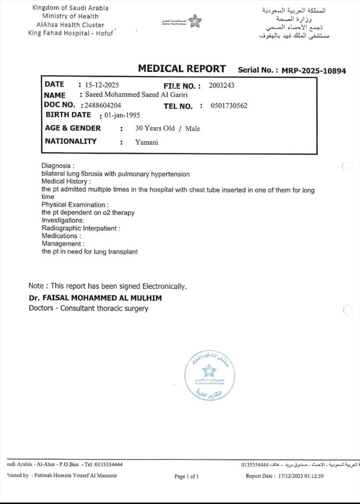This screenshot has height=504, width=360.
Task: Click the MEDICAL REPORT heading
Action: tap(181, 69)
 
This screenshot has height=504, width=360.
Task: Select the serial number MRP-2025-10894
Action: tap(313, 71)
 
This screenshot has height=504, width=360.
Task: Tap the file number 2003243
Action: tap(222, 86)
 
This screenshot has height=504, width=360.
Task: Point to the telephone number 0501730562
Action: tap(229, 106)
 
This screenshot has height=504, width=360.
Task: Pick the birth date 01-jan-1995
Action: tap(122, 115)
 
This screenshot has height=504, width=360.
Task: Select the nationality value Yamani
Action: tap(147, 142)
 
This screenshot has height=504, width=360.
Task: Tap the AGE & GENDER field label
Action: tap(73, 128)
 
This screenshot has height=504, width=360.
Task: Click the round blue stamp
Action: tap(209, 375)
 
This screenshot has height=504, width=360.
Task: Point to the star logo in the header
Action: tap(195, 21)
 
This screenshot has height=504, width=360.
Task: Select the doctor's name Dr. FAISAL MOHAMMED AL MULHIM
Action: tap(96, 298)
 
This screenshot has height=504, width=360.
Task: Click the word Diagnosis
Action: tap(57, 166)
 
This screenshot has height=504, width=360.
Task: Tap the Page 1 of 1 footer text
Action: tap(186, 477)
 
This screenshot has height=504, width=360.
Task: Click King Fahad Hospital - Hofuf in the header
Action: tap(71, 33)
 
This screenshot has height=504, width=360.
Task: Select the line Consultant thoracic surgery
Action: tap(104, 309)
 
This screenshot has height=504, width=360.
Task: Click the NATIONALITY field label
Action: tap(71, 141)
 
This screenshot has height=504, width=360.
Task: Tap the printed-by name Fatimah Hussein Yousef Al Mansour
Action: tap(76, 476)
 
